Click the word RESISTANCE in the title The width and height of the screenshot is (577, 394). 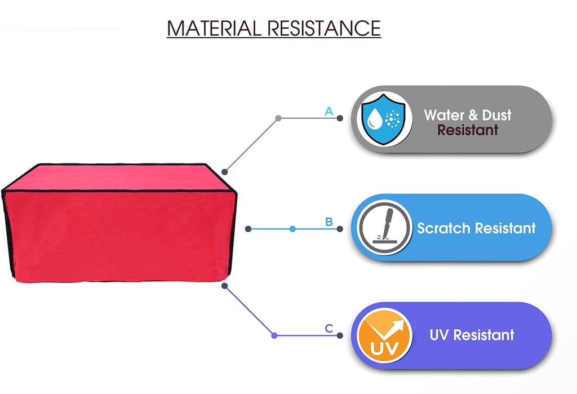click(x=324, y=28)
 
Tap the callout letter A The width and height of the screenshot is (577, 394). click(x=329, y=111)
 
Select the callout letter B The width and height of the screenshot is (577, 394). click(x=329, y=222)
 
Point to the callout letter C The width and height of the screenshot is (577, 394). click(x=329, y=328)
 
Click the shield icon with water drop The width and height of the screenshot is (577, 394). click(x=383, y=119)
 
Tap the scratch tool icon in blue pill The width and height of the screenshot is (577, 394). click(x=384, y=228)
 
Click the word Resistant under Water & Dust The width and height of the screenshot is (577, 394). click(x=468, y=130)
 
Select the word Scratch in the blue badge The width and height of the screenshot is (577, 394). click(x=443, y=228)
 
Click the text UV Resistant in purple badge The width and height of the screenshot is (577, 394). click(x=472, y=335)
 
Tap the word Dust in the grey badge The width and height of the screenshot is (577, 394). click(x=497, y=115)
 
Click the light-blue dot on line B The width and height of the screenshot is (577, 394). click(x=292, y=229)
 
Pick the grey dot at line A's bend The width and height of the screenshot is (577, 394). click(x=278, y=118)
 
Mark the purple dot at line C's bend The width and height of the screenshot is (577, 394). click(x=274, y=335)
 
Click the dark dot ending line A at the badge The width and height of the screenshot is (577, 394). click(x=340, y=118)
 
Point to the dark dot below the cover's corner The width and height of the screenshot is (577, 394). click(x=225, y=286)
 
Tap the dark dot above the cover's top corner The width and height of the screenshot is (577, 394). click(x=225, y=171)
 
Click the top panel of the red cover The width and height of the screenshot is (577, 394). click(x=118, y=178)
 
